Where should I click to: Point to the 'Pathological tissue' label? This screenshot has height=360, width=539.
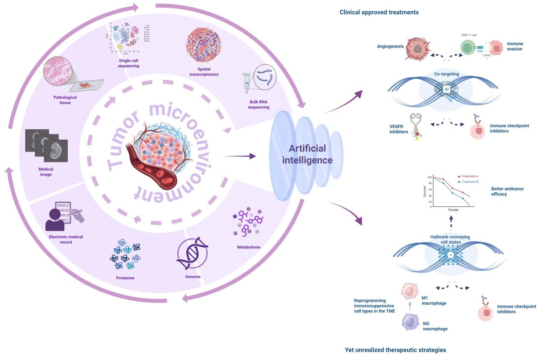pos(66,99)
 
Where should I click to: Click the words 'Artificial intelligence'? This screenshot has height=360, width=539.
pos(307,154)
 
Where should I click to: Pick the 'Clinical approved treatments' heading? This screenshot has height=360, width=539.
pos(379,12)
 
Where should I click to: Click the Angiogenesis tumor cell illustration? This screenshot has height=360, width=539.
pos(421,48)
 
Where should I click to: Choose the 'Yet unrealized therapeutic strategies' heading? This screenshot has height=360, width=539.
pos(395,350)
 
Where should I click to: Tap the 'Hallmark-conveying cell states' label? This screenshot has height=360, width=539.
pos(451,239)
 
